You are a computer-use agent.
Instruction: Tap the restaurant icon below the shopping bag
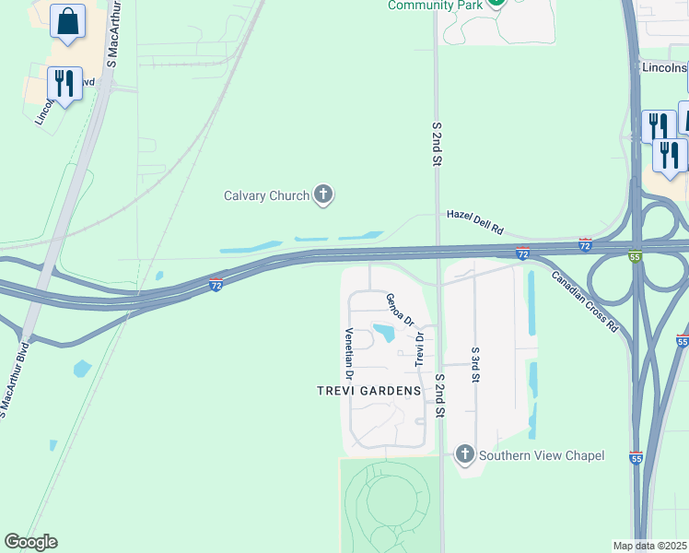coord(64,84)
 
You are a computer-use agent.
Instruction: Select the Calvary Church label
coord(266,195)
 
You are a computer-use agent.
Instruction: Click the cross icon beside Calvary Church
coord(322,194)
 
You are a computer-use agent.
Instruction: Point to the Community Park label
coord(435,6)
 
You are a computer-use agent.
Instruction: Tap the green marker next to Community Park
coord(496,2)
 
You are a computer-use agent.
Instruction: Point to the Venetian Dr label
coord(349,355)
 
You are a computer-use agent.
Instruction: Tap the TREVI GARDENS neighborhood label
coord(368,391)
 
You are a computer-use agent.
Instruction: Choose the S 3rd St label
coord(475,366)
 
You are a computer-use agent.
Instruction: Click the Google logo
coord(30,542)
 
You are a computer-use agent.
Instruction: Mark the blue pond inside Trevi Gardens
coord(384,332)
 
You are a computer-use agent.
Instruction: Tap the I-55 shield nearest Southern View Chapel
coord(636,456)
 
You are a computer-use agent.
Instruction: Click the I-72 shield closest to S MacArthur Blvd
coord(216,285)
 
